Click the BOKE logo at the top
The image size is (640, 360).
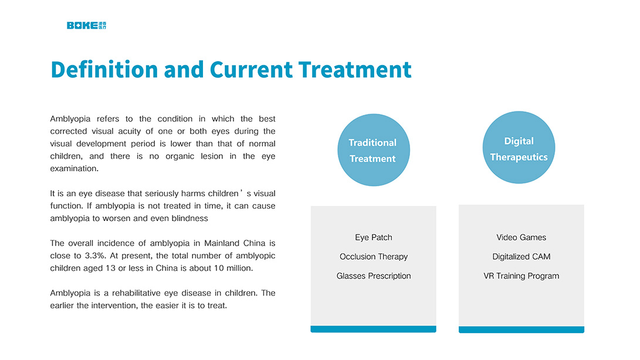[x=87, y=25]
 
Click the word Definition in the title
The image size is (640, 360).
[x=104, y=69]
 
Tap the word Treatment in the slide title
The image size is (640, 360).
[x=355, y=69]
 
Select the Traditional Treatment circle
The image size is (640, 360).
[x=374, y=150]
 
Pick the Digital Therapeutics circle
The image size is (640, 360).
[x=519, y=147]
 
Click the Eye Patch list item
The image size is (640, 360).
[x=374, y=237]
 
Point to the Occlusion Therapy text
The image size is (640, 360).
[x=374, y=256]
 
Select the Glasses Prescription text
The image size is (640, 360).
[x=374, y=276]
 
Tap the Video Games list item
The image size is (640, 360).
[x=522, y=237]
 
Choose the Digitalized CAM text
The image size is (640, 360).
[x=522, y=256]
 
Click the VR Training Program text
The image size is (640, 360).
[x=522, y=276]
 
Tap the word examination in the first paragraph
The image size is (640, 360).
[x=75, y=169]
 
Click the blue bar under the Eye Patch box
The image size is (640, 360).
[x=374, y=329]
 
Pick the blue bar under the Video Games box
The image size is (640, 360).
[x=522, y=330]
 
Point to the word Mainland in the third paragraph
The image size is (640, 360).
[x=222, y=243]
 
